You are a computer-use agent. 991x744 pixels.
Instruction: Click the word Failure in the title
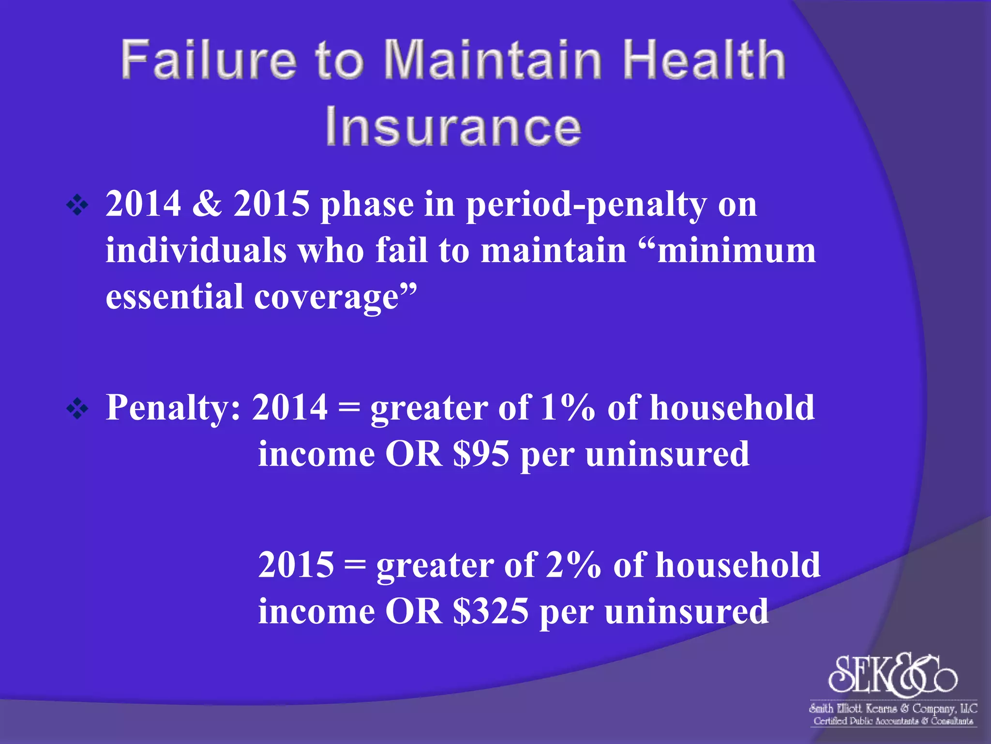[208, 60]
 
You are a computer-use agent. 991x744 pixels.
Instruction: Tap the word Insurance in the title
[453, 127]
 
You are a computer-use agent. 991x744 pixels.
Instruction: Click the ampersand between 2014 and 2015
[207, 204]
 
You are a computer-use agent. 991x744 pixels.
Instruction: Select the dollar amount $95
[481, 454]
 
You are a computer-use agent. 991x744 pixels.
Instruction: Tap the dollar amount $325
[491, 611]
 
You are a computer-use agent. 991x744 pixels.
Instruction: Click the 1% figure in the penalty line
[568, 408]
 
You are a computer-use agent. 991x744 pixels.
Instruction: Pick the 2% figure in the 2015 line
[573, 565]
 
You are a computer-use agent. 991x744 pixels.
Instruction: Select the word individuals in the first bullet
[196, 251]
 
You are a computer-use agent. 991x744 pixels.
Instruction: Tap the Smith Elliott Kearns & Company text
[893, 709]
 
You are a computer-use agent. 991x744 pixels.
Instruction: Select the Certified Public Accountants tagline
[893, 721]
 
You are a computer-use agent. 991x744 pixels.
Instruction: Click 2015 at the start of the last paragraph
[296, 565]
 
